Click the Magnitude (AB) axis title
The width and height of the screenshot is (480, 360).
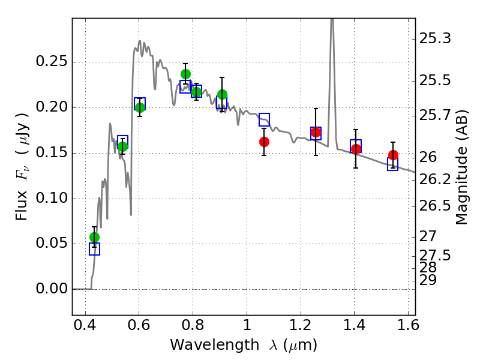click(x=461, y=171)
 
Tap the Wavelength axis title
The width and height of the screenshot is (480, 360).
click(x=243, y=346)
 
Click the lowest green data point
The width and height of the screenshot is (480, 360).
click(x=94, y=237)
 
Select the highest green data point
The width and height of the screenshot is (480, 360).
click(x=185, y=74)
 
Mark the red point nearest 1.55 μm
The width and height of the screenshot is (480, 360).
click(x=393, y=155)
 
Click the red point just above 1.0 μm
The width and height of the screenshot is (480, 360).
click(x=264, y=142)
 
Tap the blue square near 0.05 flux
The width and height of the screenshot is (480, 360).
click(x=94, y=249)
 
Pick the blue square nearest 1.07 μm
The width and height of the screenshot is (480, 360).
click(x=264, y=119)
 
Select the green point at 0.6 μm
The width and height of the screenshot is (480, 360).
click(x=140, y=107)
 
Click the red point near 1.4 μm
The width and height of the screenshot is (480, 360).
click(x=356, y=149)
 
